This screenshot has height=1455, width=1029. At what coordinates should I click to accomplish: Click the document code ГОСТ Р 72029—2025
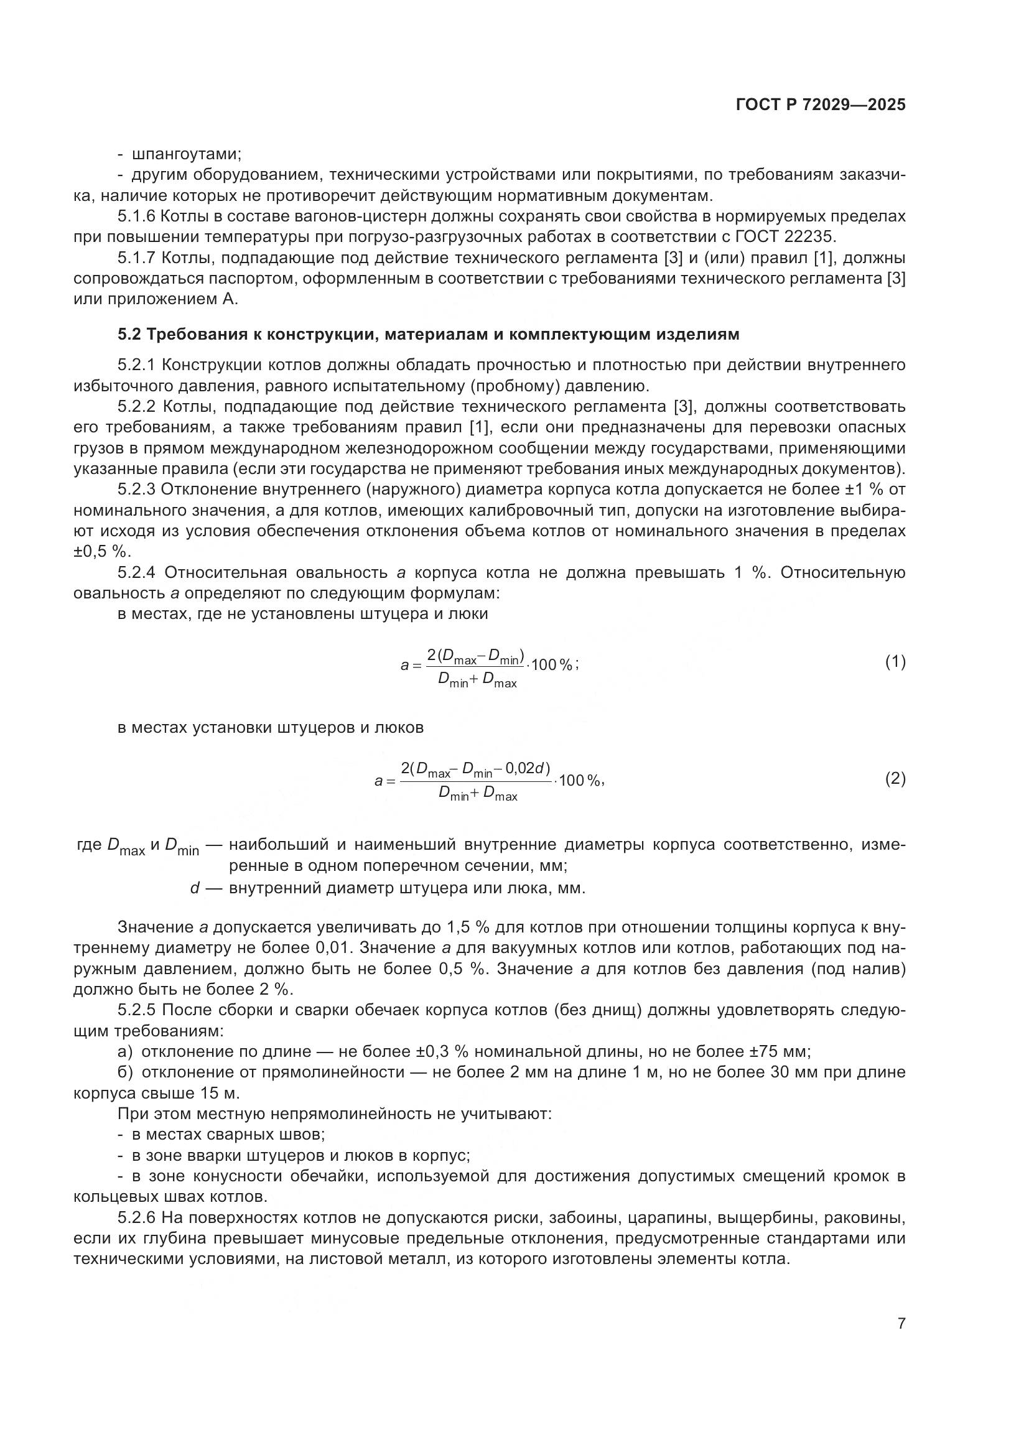click(821, 105)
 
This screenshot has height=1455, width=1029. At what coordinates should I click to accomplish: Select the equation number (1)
click(895, 662)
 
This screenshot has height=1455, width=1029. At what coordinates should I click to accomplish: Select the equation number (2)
click(895, 779)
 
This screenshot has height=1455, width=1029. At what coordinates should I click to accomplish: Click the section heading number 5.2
click(131, 334)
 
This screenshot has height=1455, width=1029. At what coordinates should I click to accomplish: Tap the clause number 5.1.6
click(136, 216)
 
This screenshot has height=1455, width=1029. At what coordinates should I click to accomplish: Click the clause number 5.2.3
click(136, 489)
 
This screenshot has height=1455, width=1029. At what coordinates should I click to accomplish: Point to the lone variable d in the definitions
click(195, 888)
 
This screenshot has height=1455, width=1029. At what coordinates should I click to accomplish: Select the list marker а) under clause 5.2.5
click(125, 1051)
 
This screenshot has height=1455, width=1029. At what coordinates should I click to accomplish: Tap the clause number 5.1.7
click(136, 258)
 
